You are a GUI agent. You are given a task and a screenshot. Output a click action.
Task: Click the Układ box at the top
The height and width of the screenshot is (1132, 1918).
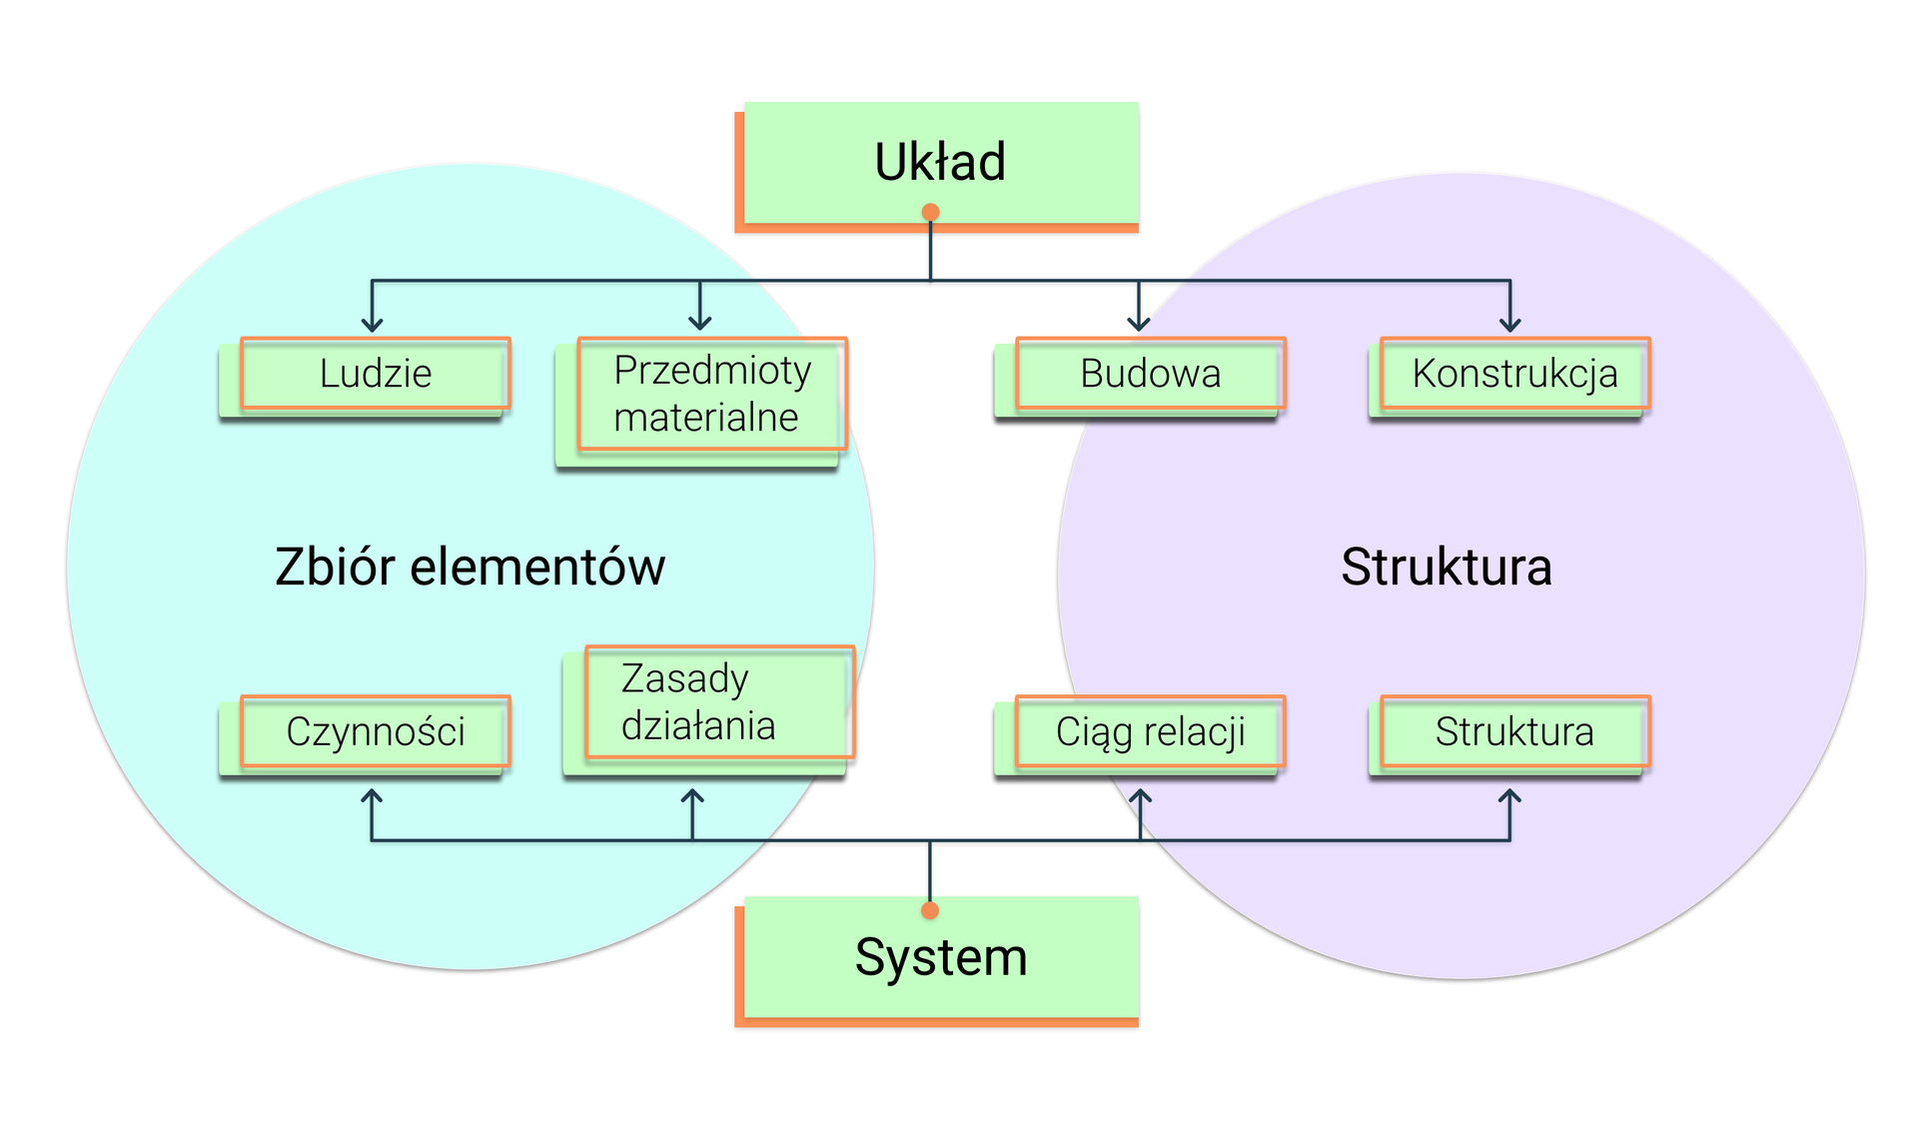(939, 163)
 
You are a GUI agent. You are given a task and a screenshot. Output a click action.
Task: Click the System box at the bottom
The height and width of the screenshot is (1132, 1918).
(939, 957)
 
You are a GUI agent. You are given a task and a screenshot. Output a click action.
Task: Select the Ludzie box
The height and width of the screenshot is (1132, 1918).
(376, 374)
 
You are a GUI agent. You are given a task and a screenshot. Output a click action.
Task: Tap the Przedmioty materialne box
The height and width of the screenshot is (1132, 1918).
(711, 394)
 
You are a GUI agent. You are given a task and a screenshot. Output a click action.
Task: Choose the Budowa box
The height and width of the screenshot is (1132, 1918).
(1150, 374)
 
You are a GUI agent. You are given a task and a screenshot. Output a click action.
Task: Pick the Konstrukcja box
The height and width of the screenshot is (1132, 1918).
(1514, 374)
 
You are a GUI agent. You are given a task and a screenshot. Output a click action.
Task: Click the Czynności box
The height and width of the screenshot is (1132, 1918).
(376, 731)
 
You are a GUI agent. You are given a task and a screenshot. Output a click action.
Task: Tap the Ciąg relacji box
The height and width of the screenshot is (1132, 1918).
(1150, 731)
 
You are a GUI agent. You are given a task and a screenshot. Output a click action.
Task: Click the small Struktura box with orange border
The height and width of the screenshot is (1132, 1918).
(1514, 731)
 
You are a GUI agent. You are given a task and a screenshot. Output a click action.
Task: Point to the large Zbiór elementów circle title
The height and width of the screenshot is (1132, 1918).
(470, 566)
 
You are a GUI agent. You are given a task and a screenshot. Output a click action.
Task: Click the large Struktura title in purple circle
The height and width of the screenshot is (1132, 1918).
(1445, 566)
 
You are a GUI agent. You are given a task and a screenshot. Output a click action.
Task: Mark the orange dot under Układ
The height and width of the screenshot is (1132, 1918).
(930, 212)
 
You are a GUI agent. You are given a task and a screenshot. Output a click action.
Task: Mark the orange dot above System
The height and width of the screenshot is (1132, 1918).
(930, 910)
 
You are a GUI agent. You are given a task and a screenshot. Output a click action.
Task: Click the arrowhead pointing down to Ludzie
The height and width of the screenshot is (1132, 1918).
(372, 324)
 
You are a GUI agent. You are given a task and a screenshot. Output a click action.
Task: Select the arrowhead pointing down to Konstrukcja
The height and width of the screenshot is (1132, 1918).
(1509, 324)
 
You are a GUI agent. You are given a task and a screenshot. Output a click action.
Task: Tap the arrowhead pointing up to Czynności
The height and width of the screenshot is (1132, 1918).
(372, 797)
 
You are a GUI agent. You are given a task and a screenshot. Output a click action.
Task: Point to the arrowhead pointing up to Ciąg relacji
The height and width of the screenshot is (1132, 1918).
(1140, 797)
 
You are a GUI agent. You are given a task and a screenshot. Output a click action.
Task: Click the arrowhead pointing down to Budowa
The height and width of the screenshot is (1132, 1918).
(1138, 324)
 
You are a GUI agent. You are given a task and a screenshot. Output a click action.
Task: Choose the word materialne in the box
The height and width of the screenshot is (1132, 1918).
(705, 418)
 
